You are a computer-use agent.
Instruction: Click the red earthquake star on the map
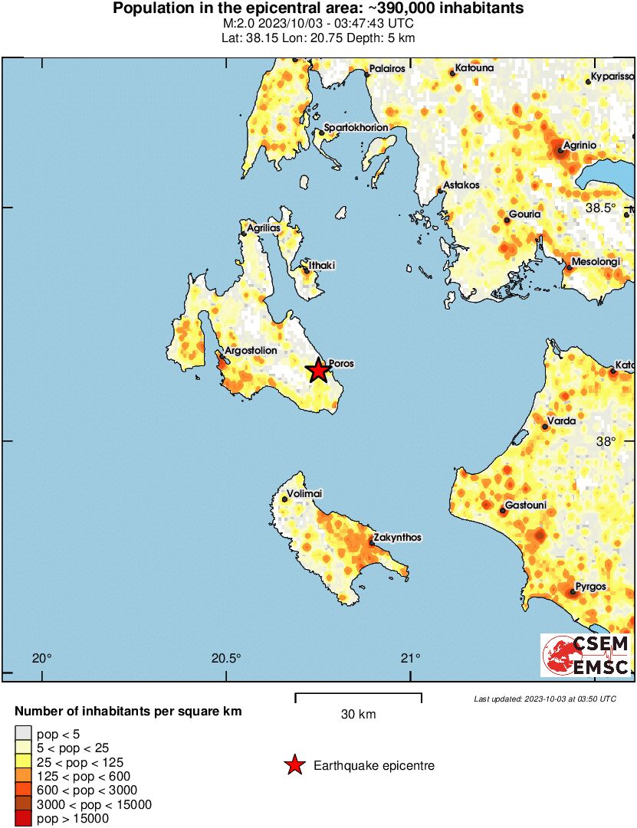pyautogui.click(x=318, y=371)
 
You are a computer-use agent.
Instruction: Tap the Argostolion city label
pyautogui.click(x=251, y=350)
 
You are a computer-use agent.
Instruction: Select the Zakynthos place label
pyautogui.click(x=398, y=538)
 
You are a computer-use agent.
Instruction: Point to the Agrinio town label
pyautogui.click(x=580, y=145)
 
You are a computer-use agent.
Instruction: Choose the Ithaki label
pyautogui.click(x=322, y=265)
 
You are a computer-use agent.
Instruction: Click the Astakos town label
pyautogui.click(x=462, y=185)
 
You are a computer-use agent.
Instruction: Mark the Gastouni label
pyautogui.click(x=525, y=507)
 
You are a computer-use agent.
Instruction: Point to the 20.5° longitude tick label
pyautogui.click(x=226, y=658)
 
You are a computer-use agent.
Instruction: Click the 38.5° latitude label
pyautogui.click(x=601, y=208)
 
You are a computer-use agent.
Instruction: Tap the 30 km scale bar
pyautogui.click(x=358, y=697)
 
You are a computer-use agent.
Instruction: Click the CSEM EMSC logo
pyautogui.click(x=586, y=655)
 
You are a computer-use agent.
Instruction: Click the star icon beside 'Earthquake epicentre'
pyautogui.click(x=294, y=765)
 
